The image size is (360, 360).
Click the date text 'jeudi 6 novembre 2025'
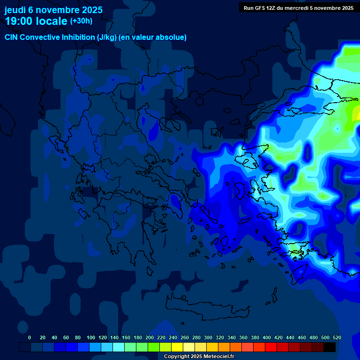53,9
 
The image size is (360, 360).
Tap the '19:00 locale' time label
36,21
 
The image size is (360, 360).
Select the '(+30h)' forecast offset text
81,21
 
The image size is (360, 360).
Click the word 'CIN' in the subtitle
12,37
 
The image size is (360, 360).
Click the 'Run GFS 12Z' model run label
260,7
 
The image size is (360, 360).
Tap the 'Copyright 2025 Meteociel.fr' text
199,357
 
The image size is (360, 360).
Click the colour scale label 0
30,337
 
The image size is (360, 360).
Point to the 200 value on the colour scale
149,337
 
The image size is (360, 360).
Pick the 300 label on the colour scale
208,337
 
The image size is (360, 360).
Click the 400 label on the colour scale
267,337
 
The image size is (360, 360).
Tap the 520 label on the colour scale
337,337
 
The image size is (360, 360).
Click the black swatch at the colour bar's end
330,347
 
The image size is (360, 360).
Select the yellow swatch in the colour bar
177,347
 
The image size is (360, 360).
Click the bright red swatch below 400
271,347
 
